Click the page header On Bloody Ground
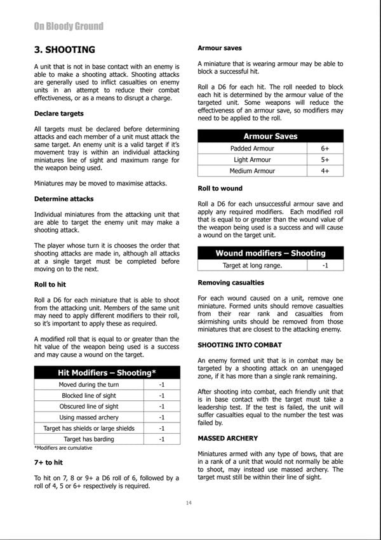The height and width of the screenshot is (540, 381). point(69,26)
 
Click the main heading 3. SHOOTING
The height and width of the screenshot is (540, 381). point(64,50)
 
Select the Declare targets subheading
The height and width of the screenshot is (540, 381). point(58,113)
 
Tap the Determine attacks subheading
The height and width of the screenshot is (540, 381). point(64,199)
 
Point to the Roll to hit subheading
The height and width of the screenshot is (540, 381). point(50,285)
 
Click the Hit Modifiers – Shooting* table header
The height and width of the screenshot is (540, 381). point(107,372)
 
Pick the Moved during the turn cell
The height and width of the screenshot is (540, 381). point(88,385)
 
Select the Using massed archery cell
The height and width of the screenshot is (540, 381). point(88,417)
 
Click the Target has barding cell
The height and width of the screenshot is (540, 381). point(88,439)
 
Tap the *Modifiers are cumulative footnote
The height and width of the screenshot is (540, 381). point(63,448)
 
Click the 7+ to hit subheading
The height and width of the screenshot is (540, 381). point(48,462)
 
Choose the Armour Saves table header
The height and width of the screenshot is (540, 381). point(270,136)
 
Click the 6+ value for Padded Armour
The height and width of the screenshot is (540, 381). point(324,148)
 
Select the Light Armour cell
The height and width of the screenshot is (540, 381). point(251,159)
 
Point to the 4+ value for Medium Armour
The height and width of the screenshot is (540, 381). point(324,171)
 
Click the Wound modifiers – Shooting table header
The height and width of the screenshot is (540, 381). point(270,253)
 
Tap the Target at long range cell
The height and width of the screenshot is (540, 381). point(251,265)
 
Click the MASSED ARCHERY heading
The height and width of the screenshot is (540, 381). point(227,438)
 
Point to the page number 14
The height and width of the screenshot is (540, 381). point(189,503)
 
